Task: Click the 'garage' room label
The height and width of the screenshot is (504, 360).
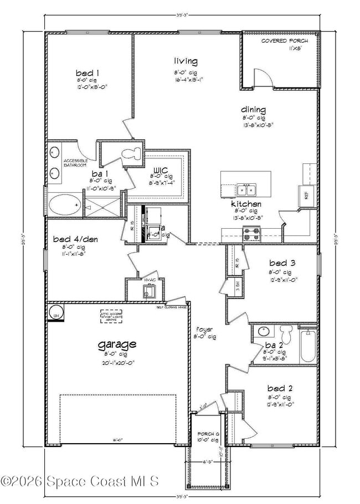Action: pos(117,344)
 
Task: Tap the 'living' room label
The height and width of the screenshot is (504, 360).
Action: pos(186,61)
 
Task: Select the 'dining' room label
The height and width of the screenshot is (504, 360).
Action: pos(253,110)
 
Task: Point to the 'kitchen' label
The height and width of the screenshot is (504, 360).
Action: pos(246,204)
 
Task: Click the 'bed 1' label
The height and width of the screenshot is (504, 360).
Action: pos(88,73)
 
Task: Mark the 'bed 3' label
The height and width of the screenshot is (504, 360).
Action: pos(280,263)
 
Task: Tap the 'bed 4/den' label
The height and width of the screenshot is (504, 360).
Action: pos(71,239)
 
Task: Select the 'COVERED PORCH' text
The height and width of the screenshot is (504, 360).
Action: pos(281,41)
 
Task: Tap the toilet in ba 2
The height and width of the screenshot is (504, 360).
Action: pos(285,334)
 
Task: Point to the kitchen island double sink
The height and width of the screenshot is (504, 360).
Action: pos(246,191)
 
